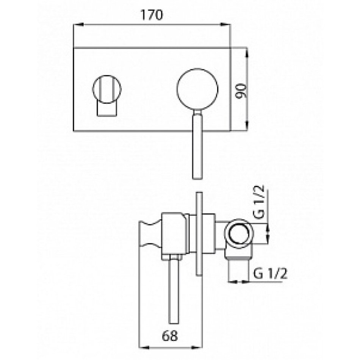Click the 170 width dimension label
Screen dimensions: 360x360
pyautogui.click(x=152, y=15)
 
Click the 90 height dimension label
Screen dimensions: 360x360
pyautogui.click(x=241, y=90)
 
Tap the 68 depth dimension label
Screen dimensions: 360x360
pyautogui.click(x=170, y=336)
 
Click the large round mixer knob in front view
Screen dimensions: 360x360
pyautogui.click(x=197, y=89)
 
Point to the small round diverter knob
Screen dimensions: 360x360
pyautogui.click(x=107, y=89)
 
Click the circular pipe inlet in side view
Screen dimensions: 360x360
pyautogui.click(x=239, y=235)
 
